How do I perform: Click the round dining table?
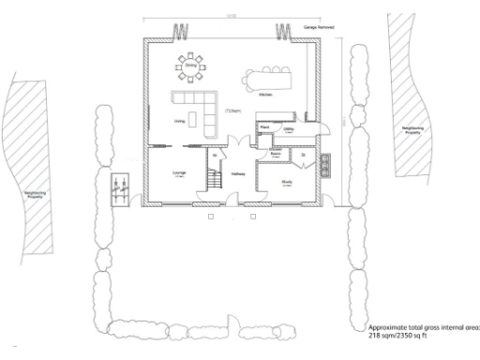tap(190, 66)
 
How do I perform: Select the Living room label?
tap(179, 120)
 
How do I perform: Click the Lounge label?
tap(179, 173)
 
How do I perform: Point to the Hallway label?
tap(238, 173)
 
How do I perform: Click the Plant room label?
tap(266, 127)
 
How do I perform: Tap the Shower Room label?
tap(277, 156)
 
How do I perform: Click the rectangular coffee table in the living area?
tap(193, 119)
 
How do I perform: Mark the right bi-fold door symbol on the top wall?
tap(281, 34)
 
